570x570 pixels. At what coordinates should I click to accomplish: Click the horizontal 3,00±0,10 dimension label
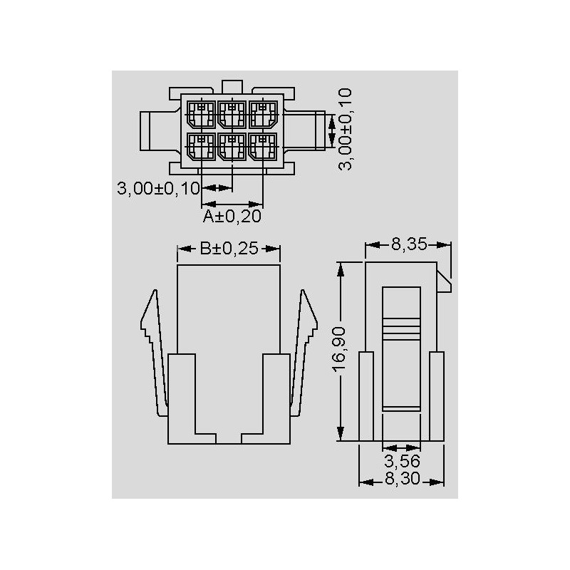coord(158,188)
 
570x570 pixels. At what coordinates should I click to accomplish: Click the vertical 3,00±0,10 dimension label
coord(345,129)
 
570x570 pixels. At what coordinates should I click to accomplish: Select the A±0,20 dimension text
coord(232,217)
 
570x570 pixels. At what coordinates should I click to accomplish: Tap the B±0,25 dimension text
coord(229,249)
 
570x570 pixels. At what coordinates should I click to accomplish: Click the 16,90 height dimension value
coord(338,349)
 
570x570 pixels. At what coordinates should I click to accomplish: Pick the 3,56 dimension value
coord(402,461)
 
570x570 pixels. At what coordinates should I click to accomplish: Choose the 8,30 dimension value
coord(402,478)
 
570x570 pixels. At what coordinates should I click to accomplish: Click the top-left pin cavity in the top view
coord(201,115)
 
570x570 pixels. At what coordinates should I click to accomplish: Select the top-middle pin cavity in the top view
coord(232,115)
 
